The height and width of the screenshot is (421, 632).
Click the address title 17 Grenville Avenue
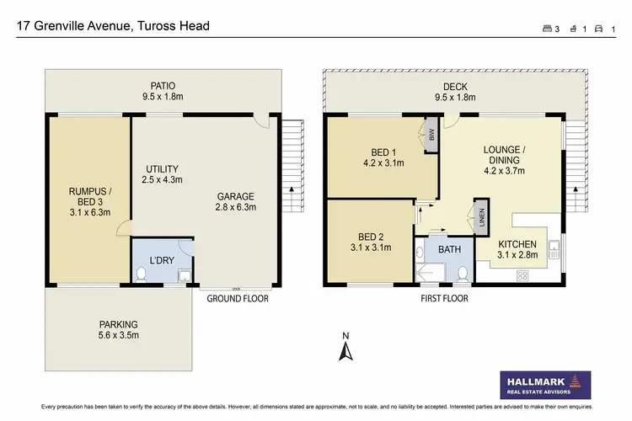click(x=114, y=26)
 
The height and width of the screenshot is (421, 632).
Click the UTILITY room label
click(x=162, y=174)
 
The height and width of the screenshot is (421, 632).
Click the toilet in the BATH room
click(x=463, y=272)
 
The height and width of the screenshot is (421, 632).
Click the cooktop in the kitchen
click(x=522, y=274)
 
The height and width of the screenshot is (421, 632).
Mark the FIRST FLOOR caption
click(x=444, y=298)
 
